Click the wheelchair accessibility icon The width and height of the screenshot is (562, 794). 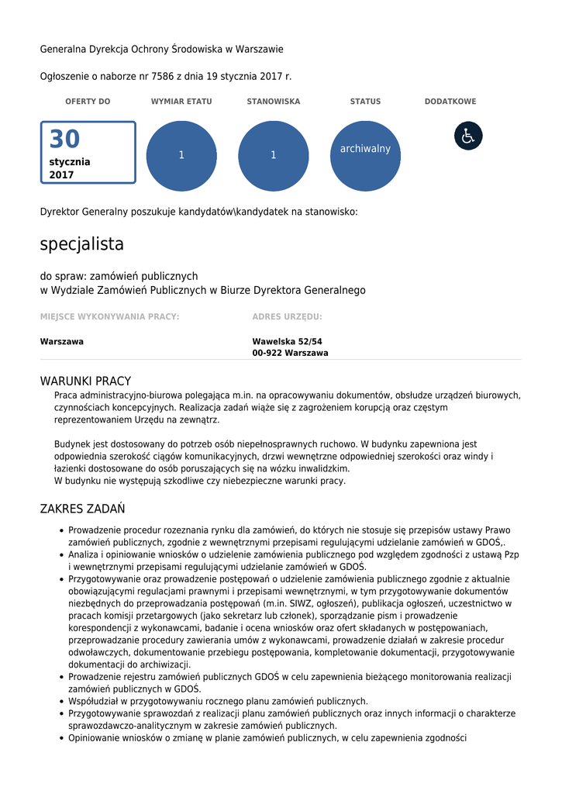pos(468,136)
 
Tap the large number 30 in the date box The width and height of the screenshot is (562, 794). pos(65,140)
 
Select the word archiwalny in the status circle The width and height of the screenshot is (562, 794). pos(365,149)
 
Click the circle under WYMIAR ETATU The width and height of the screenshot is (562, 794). pos(181,156)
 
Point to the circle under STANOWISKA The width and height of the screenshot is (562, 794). pos(274,156)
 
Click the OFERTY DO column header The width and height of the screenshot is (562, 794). pos(88,102)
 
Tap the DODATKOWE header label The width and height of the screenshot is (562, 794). pos(450,102)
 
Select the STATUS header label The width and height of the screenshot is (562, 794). pos(365,102)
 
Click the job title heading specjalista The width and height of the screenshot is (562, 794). pos(82,244)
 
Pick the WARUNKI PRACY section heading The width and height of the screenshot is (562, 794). pos(85,381)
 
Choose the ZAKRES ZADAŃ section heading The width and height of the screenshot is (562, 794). pos(82,509)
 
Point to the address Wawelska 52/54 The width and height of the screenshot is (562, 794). pos(287,341)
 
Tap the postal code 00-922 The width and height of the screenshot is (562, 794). pos(267,353)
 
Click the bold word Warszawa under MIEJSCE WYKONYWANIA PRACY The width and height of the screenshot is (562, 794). pos(62,341)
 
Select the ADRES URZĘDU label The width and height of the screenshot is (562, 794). pos(287,316)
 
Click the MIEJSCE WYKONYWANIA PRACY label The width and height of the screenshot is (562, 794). pos(109,316)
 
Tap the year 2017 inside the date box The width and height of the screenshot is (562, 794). pos(62,175)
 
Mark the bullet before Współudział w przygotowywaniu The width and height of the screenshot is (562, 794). pos(61,702)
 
